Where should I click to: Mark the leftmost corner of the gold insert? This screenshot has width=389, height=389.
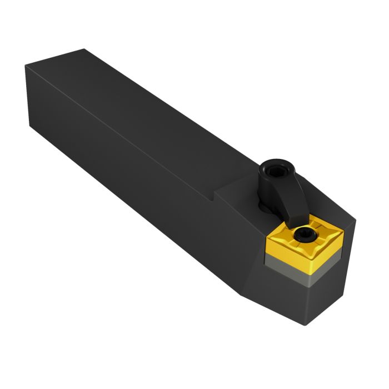coord(266,240)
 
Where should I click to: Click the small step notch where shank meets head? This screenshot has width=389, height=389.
coord(212,196)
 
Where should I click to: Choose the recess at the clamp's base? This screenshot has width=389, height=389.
coord(263,206)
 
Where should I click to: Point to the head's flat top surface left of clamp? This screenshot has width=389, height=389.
coord(239,200)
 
